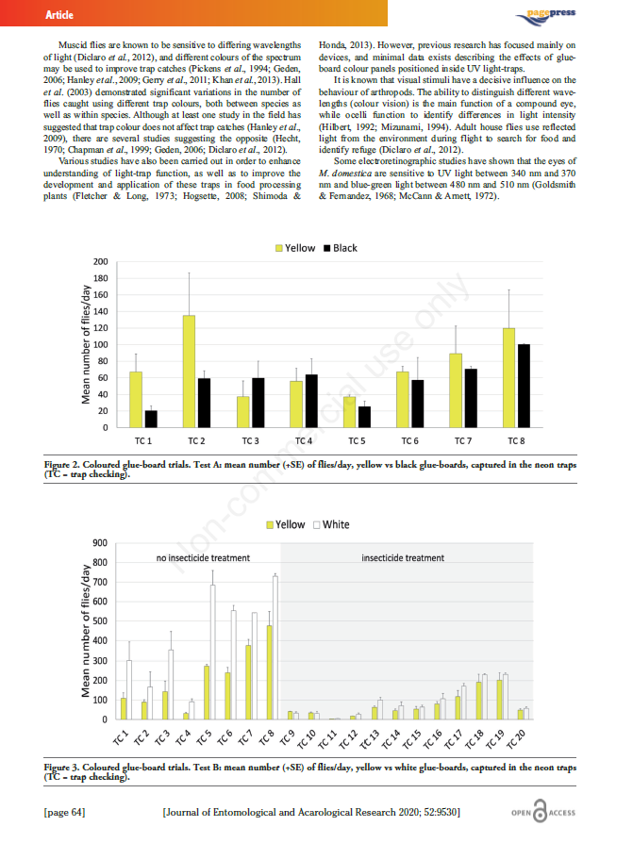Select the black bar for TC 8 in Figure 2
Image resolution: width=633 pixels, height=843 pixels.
tap(524, 386)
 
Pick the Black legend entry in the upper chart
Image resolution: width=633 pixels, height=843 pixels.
tap(341, 248)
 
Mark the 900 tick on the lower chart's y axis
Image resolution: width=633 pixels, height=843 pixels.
tap(99, 543)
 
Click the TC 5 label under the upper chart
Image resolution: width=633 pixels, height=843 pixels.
tap(357, 441)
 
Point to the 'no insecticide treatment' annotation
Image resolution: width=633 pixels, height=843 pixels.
tap(202, 558)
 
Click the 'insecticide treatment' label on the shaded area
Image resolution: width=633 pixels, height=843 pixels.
tap(403, 558)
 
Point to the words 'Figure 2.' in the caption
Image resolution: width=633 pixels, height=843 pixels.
tap(67, 464)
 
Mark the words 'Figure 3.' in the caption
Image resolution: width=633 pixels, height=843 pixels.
tap(67, 768)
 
